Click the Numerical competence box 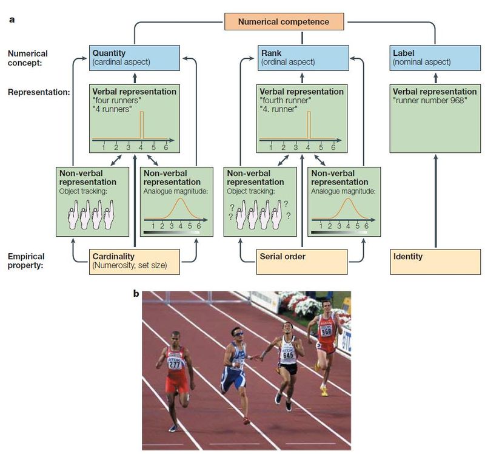(x=283, y=22)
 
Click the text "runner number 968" (x=430, y=101)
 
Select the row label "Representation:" (x=38, y=92)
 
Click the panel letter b (x=136, y=294)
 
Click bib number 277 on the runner (x=175, y=364)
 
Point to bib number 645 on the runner (x=287, y=354)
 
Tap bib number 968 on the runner (x=326, y=331)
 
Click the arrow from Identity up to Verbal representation (x=435, y=200)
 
